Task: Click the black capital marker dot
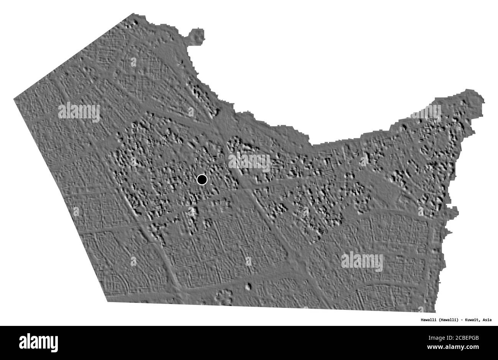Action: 201,179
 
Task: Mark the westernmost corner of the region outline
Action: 15,99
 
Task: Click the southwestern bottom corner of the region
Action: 108,301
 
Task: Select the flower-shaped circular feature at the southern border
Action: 224,296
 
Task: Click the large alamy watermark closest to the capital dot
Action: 249,162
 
